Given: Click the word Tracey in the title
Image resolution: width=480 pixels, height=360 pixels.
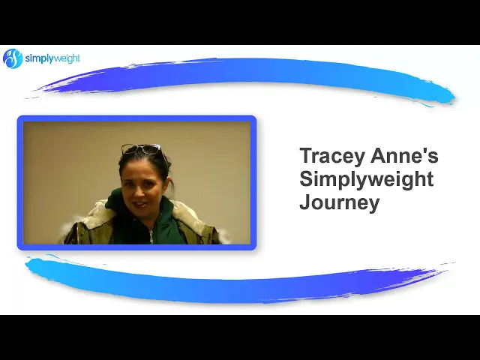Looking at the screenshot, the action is [x=333, y=157].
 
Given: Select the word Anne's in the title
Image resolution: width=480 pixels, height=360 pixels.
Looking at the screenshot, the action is [x=405, y=155].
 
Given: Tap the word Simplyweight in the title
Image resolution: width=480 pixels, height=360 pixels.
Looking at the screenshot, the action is [x=367, y=181].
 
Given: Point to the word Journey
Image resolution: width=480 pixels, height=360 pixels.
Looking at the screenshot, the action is [x=340, y=204].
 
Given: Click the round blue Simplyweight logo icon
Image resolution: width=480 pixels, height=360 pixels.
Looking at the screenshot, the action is [x=13, y=58].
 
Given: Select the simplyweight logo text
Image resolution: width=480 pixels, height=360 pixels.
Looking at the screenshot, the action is [x=52, y=58].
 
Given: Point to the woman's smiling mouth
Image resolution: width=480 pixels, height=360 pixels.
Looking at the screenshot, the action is [x=139, y=203].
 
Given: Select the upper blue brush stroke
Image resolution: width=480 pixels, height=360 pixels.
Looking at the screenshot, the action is [x=241, y=80].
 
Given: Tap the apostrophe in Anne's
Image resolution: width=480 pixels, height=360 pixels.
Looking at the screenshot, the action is [x=425, y=151].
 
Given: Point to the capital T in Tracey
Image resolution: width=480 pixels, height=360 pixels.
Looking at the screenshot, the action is [x=306, y=155].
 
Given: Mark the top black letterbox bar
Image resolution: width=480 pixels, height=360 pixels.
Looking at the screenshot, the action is [x=240, y=22].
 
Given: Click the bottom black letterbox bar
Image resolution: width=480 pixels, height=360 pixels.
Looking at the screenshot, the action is [x=240, y=337].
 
